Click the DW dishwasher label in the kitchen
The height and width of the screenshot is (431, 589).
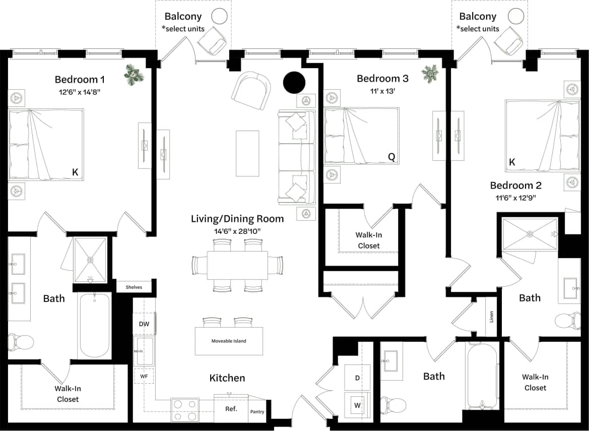coord(144,324)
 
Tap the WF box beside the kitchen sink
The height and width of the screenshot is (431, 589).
coord(144,376)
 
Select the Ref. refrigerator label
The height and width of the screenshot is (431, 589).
coord(231,409)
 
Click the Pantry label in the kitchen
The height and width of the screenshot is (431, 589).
coord(257,412)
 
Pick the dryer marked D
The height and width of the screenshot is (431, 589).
coord(357,378)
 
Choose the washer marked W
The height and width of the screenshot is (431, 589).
coord(357,405)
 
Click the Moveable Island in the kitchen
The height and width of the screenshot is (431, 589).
coord(229,341)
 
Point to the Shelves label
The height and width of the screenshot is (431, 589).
coord(134,287)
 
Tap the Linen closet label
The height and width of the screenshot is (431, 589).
coord(491,317)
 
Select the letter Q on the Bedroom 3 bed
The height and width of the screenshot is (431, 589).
coord(391,157)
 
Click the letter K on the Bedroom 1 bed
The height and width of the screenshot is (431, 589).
coord(75,172)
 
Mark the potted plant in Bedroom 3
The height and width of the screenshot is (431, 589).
coord(430,73)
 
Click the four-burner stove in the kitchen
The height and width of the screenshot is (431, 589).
coord(185,410)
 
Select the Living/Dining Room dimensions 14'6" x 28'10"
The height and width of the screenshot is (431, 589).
coord(237,231)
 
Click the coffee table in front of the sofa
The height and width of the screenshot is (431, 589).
coord(247,154)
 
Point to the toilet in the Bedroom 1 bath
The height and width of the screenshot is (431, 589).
coord(20,342)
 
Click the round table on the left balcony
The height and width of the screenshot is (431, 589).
coord(219,16)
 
